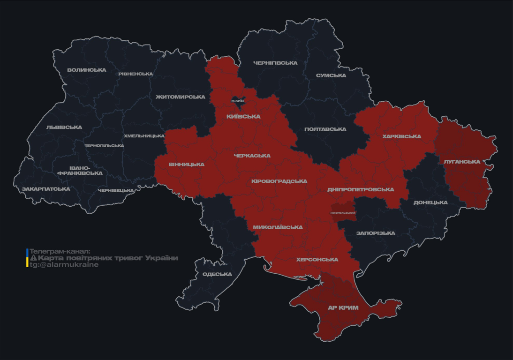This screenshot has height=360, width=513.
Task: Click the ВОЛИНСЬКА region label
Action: click(87, 70)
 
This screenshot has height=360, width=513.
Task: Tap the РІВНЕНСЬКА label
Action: click(136, 74)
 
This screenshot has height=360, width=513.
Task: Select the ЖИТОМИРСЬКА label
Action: click(181, 97)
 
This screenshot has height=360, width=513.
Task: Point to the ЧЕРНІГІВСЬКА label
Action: click(275, 63)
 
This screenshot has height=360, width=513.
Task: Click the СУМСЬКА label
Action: click(331, 75)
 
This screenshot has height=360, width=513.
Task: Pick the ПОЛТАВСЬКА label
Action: click(325, 129)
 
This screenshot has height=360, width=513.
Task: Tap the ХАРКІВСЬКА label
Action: click(401, 137)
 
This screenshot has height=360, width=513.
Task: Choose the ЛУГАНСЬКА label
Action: click(462, 162)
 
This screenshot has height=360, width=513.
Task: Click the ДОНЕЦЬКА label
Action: click(430, 203)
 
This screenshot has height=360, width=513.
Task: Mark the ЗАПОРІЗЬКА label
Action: click(376, 233)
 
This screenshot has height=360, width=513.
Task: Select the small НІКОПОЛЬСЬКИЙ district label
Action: click(343, 213)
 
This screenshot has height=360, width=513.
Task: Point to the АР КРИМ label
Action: click(343, 308)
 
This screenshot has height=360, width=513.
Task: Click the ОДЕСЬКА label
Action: click(217, 274)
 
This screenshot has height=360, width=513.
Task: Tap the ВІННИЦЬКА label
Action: click(187, 165)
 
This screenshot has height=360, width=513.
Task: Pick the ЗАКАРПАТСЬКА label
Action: click(46, 189)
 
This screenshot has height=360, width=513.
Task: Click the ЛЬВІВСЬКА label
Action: click(64, 127)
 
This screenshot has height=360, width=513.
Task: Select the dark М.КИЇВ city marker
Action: click(238, 101)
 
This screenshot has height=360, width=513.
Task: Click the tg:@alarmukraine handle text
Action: click(64, 265)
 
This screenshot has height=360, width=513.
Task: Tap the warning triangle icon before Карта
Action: click(33, 258)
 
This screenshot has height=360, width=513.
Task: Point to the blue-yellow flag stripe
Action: click(27, 258)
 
